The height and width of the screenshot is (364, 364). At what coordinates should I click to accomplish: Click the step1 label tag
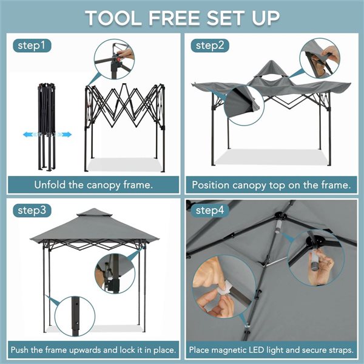pos(31,45)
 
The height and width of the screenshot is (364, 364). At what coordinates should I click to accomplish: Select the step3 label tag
pos(31,211)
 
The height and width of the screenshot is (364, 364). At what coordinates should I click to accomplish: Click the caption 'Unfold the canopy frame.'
pos(93,184)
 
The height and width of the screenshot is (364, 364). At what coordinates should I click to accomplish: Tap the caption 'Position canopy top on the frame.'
pos(271,184)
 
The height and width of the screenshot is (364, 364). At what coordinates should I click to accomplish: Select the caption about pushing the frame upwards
pos(93,350)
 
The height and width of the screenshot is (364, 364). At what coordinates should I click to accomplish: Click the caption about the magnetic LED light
pos(271,350)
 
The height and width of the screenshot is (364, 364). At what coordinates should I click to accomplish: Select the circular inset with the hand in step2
pos(319,58)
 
